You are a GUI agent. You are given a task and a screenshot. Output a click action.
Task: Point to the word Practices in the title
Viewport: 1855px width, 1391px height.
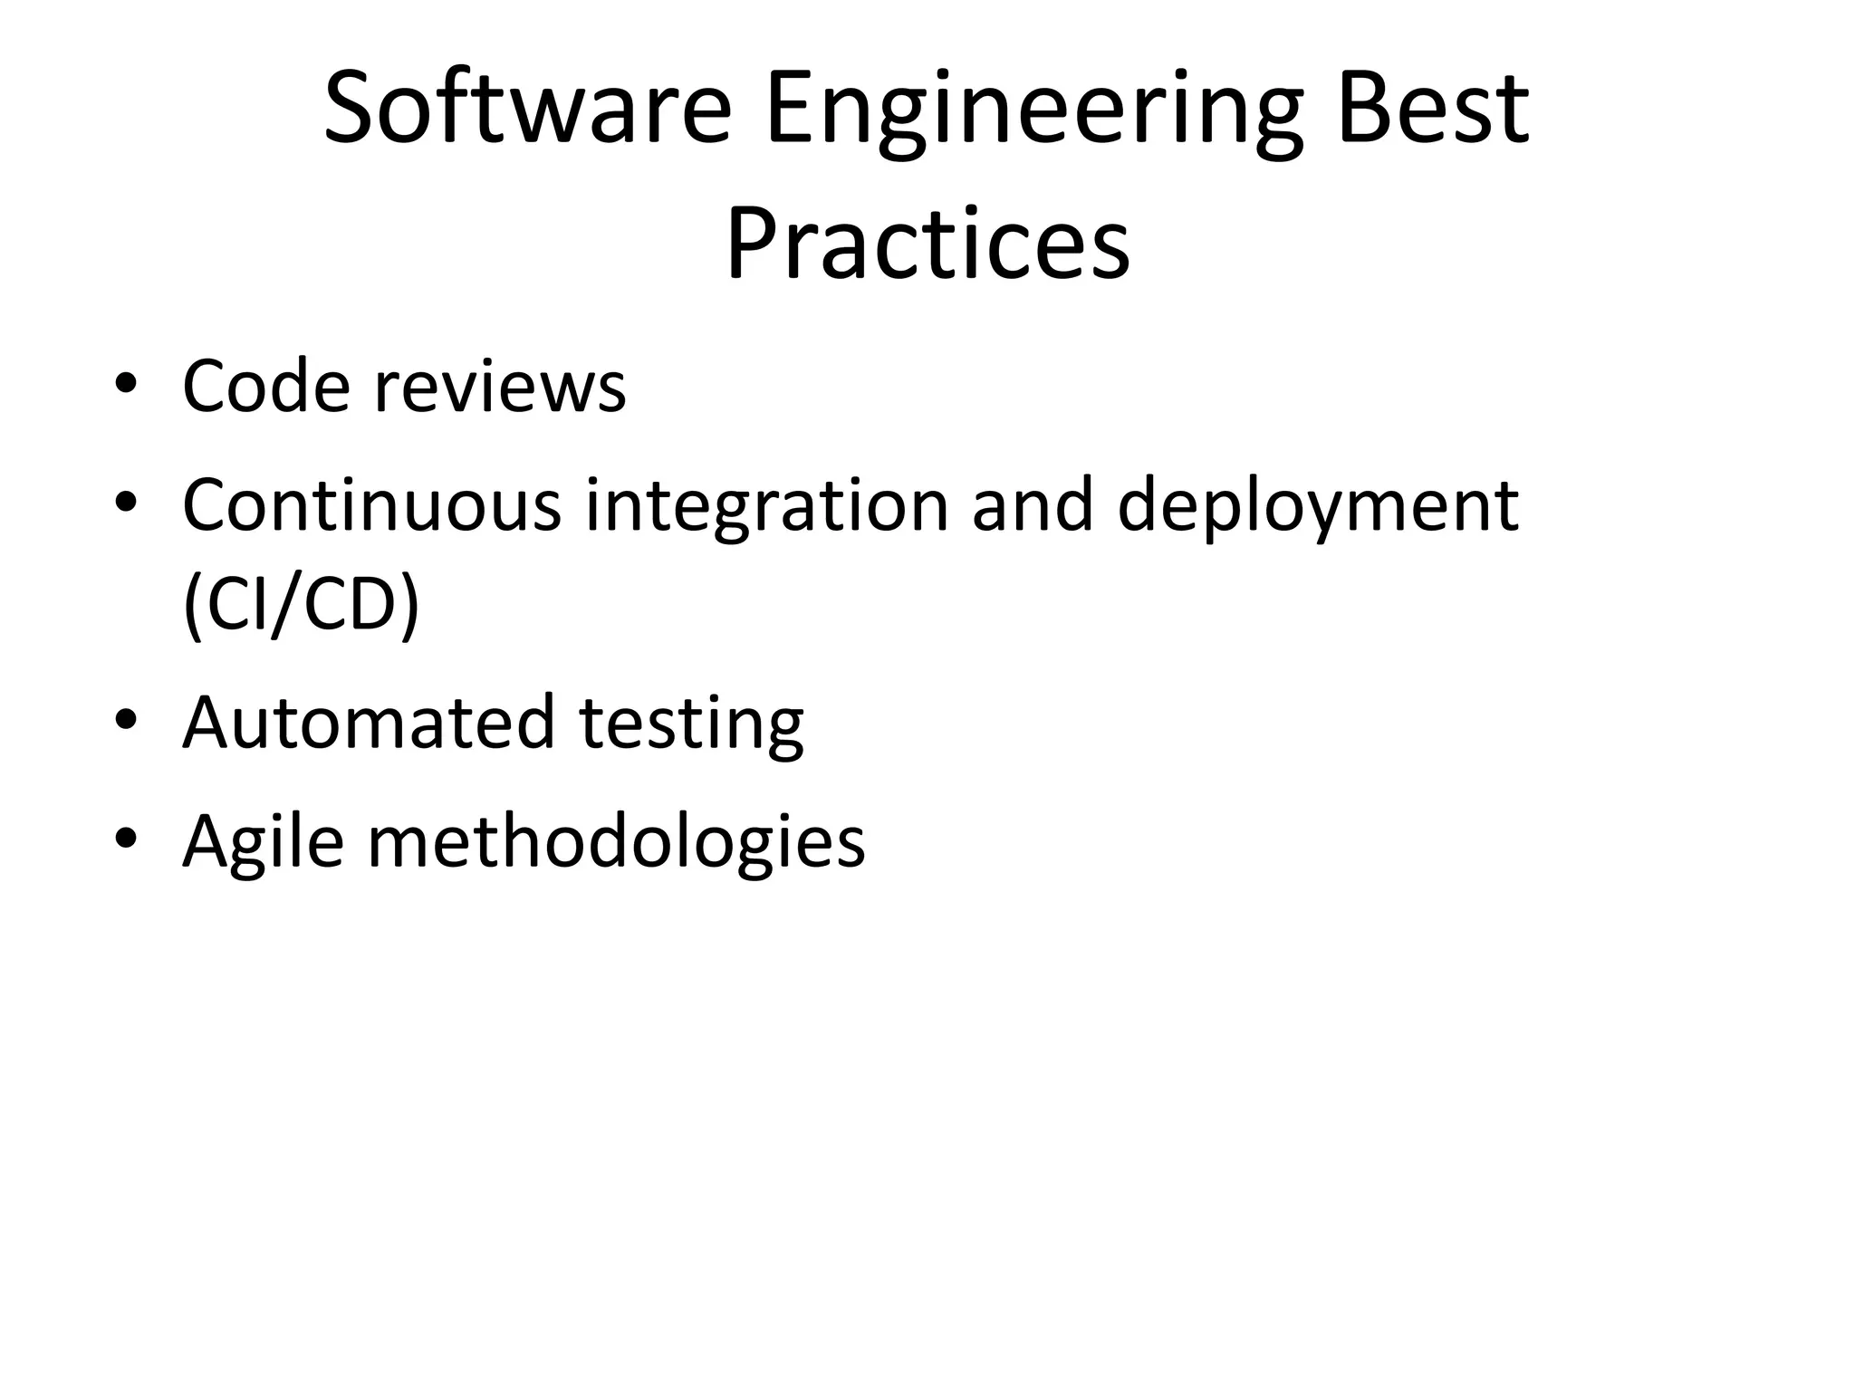click(927, 245)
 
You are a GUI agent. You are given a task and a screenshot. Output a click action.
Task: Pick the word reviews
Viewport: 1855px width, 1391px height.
click(500, 388)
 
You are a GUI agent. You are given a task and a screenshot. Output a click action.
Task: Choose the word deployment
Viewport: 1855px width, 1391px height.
click(1318, 509)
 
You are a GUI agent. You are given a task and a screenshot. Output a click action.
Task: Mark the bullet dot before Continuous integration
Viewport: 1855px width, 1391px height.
click(126, 501)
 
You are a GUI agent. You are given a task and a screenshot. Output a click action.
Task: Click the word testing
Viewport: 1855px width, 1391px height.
click(691, 726)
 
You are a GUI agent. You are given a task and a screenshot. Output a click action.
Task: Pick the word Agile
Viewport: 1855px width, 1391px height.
click(264, 842)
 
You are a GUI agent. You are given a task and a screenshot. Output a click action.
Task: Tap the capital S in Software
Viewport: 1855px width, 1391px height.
click(351, 110)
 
